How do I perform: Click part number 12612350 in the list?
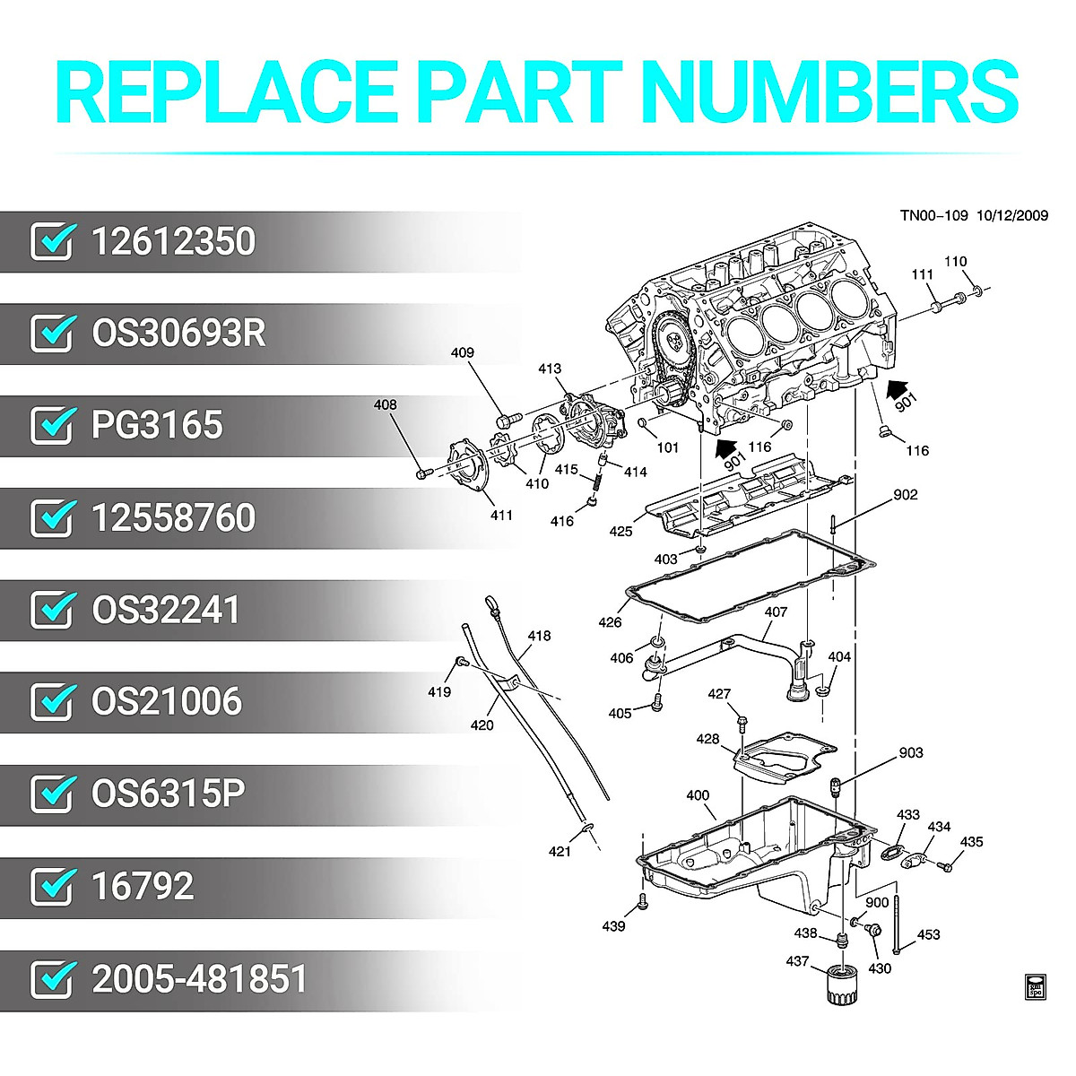point(173,242)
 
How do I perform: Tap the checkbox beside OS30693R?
point(51,334)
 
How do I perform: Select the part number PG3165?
point(157,425)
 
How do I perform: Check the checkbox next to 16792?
point(51,886)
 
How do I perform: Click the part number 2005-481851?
point(199,978)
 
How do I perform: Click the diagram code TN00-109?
point(934,215)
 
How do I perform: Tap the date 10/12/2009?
point(1012,215)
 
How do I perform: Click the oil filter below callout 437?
point(841,986)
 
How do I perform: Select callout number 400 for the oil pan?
point(698,795)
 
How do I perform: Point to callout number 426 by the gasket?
point(610,622)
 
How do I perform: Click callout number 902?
point(906,494)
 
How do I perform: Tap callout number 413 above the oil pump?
point(550,369)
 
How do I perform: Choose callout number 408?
point(385,405)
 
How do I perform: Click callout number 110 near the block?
point(956,262)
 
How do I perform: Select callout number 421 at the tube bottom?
point(560,851)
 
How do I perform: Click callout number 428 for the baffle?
point(707,739)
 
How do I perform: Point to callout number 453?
point(929,934)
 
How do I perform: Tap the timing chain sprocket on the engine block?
point(668,341)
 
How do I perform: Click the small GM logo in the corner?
point(1036,985)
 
